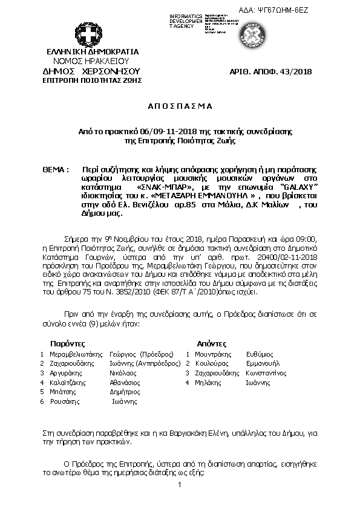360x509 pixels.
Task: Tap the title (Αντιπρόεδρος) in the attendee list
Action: pos(159,364)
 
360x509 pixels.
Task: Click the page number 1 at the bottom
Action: pos(180,486)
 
